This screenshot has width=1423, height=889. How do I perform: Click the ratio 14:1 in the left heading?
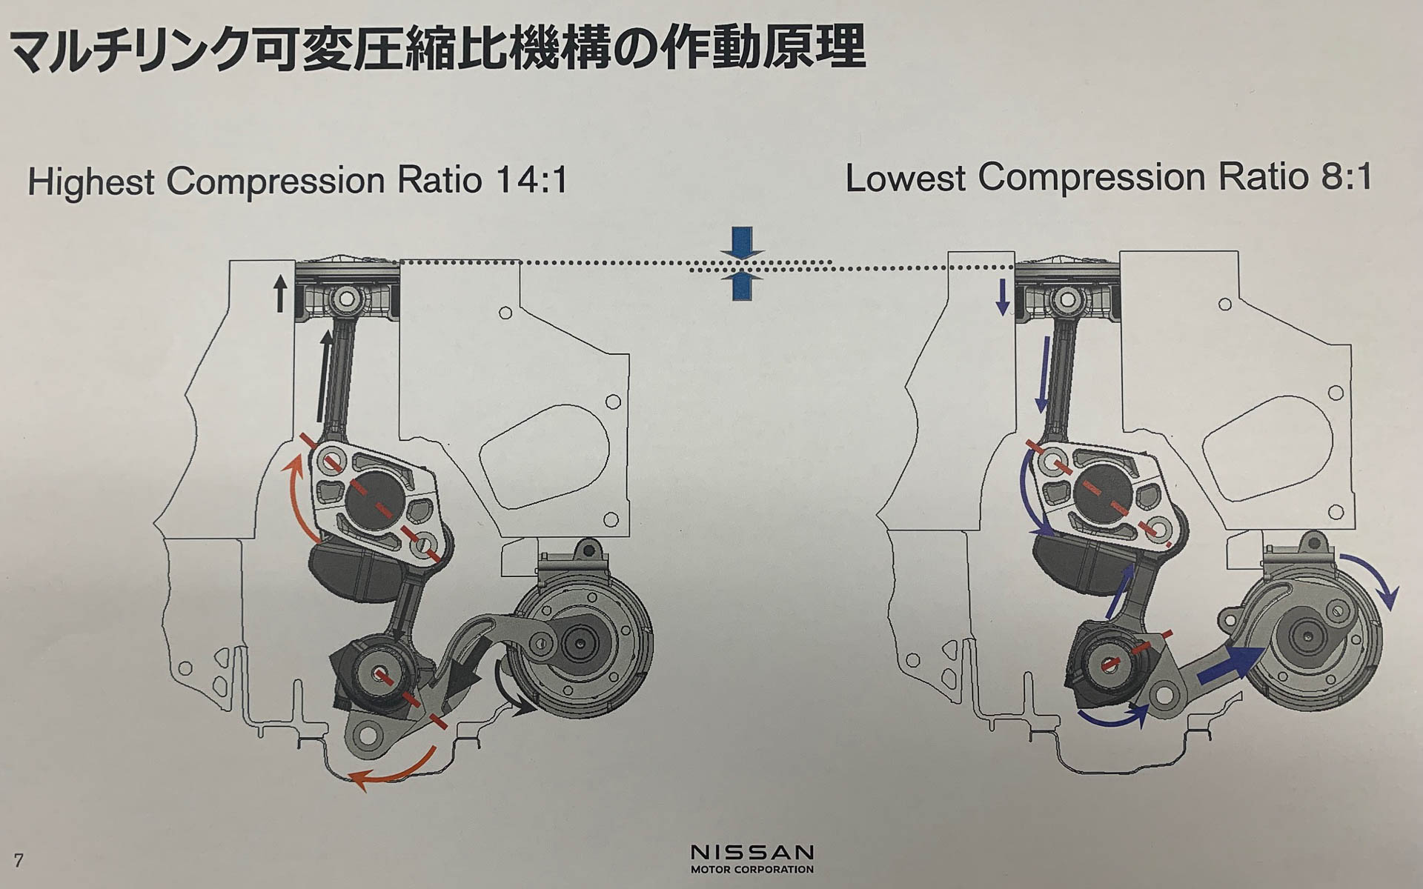coord(531,180)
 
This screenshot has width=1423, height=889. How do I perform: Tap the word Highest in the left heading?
coord(91,182)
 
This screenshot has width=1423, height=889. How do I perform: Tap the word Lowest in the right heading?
coord(905,178)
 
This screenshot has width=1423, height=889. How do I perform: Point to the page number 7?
coord(19,860)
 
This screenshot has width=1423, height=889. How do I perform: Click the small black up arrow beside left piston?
coord(279,293)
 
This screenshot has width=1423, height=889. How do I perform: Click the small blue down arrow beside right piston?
coord(1002,297)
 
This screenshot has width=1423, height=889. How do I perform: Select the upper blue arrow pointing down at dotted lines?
coord(741,243)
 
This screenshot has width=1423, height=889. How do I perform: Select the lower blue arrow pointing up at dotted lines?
coord(741,287)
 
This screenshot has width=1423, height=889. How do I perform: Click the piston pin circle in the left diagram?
coord(346,300)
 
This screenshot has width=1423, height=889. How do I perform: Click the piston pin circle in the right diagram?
coord(1067,299)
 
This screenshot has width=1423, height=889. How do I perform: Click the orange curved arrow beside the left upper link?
coord(296,495)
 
